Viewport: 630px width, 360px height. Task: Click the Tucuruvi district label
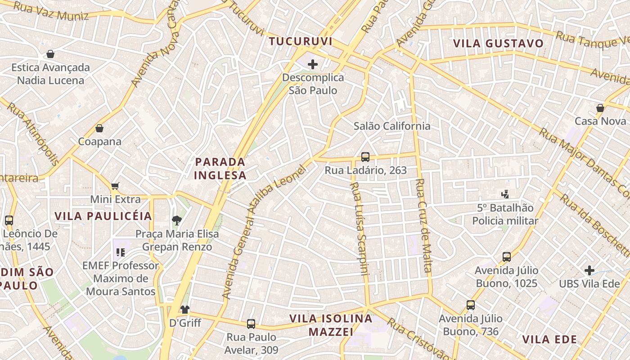click(301, 41)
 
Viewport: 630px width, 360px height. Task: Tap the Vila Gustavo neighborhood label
click(498, 44)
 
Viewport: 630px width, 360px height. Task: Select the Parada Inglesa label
click(220, 168)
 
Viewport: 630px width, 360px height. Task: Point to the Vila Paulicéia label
click(103, 216)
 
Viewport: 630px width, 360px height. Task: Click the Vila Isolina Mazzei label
click(331, 325)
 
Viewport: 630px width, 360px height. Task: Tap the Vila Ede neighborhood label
click(549, 339)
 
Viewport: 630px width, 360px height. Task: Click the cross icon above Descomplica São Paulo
click(313, 64)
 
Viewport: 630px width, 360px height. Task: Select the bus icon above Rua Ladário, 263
click(365, 157)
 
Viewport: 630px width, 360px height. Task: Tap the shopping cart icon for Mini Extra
click(115, 186)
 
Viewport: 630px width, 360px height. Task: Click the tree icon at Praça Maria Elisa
click(177, 220)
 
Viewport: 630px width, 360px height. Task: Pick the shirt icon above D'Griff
click(185, 310)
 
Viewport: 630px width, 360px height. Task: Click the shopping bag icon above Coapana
click(99, 128)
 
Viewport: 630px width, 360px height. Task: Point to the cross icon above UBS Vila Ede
click(589, 270)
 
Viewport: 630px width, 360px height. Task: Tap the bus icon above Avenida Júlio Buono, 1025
click(507, 257)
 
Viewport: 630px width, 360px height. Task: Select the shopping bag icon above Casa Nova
click(600, 108)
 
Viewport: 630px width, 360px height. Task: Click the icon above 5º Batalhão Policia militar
click(505, 194)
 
